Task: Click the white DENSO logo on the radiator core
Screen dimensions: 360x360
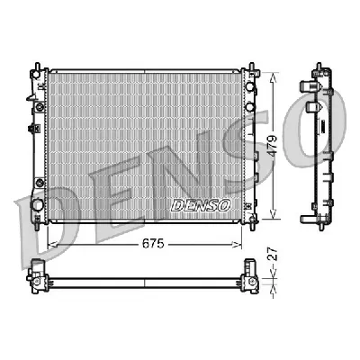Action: tap(200, 204)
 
